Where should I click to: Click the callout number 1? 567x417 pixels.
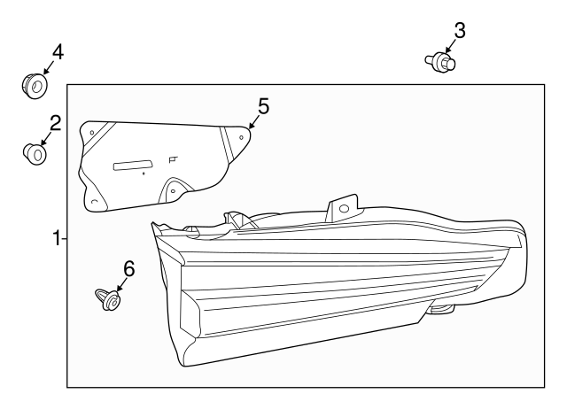tap(56, 238)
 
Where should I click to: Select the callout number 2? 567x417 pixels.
tap(55, 123)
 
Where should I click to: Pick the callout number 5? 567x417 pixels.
tap(262, 106)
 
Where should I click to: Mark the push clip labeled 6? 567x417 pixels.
tap(108, 300)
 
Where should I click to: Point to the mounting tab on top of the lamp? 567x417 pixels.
tap(343, 210)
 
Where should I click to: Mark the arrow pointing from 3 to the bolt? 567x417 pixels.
tap(450, 48)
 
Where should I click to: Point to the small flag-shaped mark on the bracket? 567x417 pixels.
tap(173, 159)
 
